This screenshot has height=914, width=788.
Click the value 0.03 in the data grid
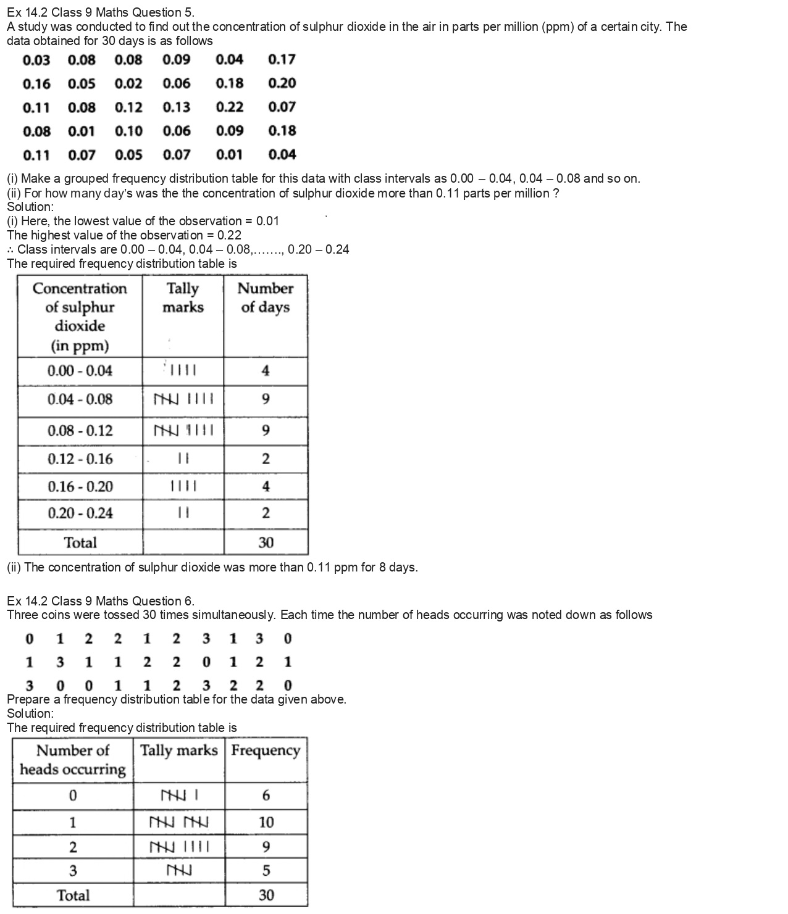coord(36,60)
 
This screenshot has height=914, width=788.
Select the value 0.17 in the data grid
coord(282,59)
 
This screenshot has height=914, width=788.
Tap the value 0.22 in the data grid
coord(230,107)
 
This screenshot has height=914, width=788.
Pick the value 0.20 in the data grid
coord(282,83)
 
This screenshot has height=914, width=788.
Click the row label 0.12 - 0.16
coord(80,459)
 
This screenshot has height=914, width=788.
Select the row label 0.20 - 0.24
coord(80,513)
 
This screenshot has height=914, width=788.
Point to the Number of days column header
coord(266,297)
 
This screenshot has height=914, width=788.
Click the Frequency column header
coord(266,750)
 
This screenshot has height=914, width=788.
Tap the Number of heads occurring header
coord(73,760)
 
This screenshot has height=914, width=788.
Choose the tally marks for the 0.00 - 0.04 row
coord(183,371)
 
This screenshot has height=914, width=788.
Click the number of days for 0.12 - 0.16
coord(266,459)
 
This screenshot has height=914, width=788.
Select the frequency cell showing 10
coord(266,822)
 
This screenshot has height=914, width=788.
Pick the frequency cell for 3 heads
coord(266,871)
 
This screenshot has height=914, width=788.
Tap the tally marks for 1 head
coord(179,822)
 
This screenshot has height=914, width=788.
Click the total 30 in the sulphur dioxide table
coord(266,543)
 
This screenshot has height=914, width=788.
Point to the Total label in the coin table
coord(73,895)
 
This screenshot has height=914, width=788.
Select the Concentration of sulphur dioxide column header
coord(80,316)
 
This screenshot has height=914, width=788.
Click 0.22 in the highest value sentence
coord(229,235)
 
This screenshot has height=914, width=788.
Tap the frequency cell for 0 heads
coord(266,796)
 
